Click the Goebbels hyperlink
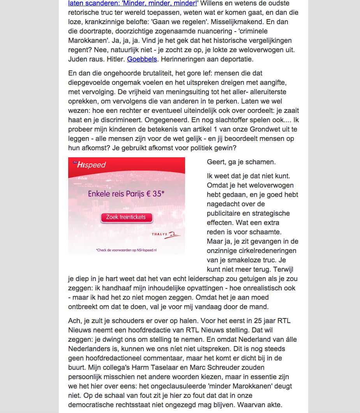pos(142,59)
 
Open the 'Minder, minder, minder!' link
pos(132,4)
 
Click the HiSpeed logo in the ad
pos(89,165)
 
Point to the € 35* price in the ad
pos(152,193)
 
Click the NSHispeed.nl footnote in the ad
pos(129,250)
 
